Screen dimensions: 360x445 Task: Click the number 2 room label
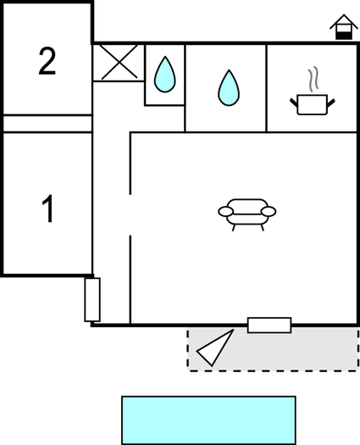click(47, 61)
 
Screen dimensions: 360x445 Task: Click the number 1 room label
click(48, 209)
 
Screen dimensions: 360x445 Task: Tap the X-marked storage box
click(119, 62)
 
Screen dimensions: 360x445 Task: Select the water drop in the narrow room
click(165, 75)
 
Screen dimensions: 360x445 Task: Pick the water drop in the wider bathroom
click(229, 87)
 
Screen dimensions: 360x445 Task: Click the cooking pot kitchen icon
click(312, 104)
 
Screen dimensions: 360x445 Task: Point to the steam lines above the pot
click(313, 79)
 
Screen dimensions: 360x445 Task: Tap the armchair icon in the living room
click(247, 214)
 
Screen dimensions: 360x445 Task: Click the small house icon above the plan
click(344, 27)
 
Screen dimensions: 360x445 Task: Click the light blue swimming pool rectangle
click(208, 420)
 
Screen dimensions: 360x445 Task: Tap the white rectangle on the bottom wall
click(269, 325)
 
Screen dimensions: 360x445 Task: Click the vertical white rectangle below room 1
click(92, 300)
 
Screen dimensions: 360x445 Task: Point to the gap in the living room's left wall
click(130, 214)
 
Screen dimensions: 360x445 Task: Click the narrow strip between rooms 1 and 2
click(47, 124)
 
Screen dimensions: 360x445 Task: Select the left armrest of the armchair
click(226, 211)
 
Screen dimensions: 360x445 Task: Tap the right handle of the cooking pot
click(331, 103)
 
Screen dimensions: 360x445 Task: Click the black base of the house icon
click(344, 36)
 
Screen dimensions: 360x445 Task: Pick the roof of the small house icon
click(344, 21)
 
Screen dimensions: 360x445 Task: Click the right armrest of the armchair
click(269, 211)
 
